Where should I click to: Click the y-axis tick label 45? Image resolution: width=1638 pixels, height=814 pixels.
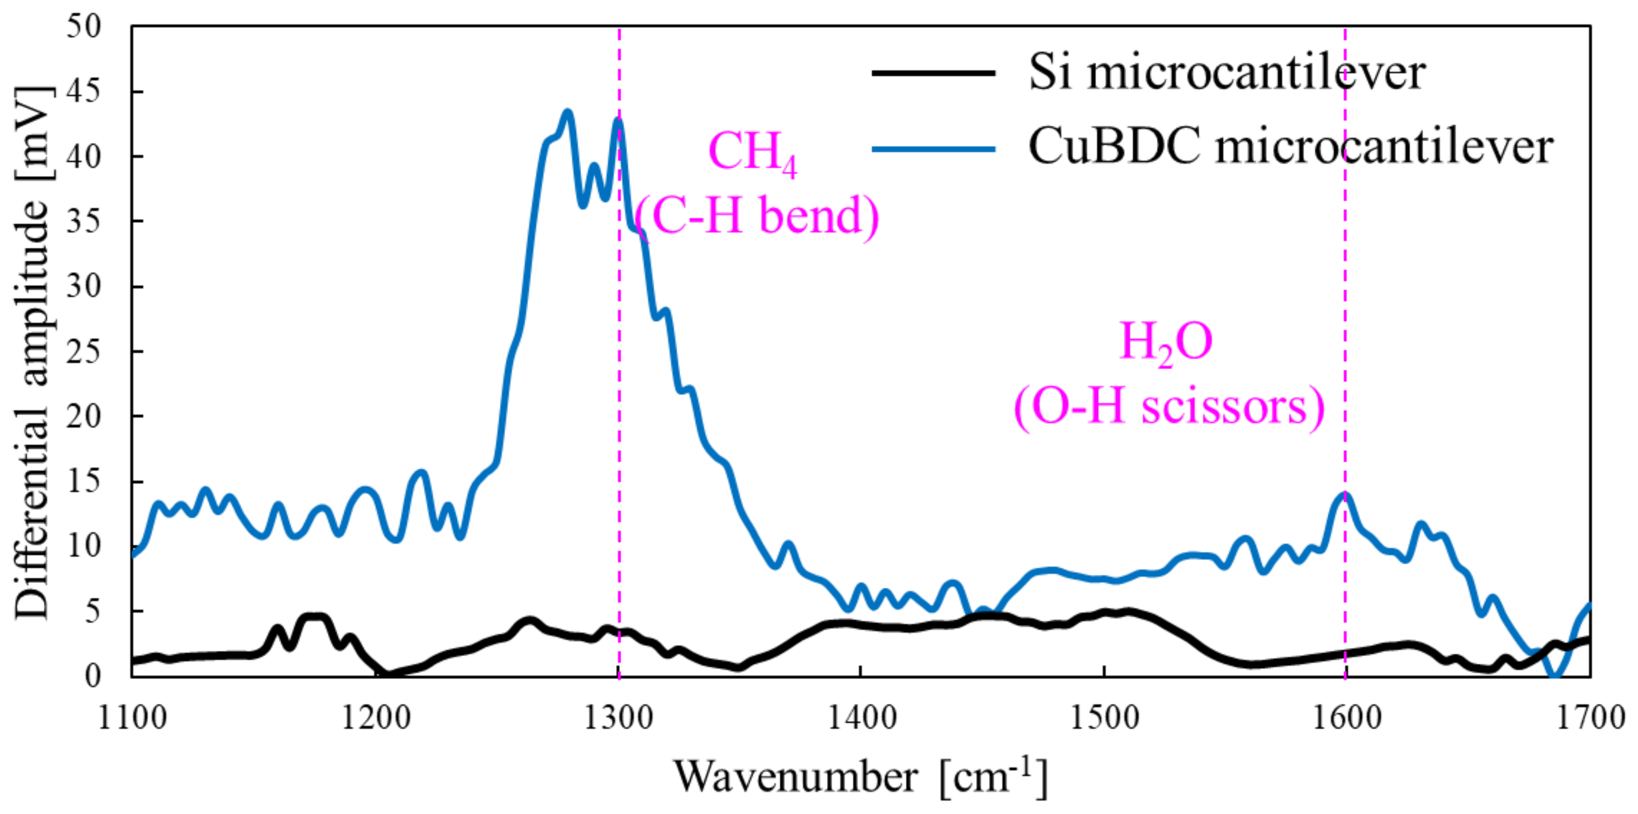(84, 91)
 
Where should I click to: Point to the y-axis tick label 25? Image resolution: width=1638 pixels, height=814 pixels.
(84, 352)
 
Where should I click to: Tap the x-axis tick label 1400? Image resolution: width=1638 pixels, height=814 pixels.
(861, 718)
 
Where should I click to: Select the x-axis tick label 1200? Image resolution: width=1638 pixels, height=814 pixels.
(376, 718)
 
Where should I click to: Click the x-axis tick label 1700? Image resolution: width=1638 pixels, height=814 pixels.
(1590, 718)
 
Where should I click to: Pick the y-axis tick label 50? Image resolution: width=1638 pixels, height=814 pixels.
(84, 27)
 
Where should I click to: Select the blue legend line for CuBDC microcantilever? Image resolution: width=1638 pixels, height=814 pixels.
(933, 149)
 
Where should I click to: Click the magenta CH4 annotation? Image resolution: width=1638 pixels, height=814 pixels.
(752, 152)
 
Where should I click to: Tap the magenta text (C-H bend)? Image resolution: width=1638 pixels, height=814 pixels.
(757, 216)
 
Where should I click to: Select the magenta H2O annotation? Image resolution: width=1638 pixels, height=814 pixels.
(1166, 343)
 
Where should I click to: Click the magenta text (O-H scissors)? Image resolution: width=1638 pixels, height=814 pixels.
(1169, 407)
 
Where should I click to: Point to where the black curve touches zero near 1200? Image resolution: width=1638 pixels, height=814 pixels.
(387, 674)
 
